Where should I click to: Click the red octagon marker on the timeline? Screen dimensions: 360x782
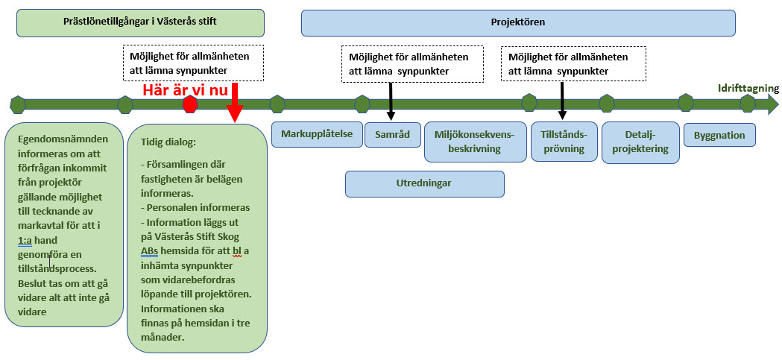pyautogui.click(x=190, y=104)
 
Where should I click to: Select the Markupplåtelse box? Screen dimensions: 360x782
pyautogui.click(x=317, y=134)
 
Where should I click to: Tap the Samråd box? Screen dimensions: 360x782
pyautogui.click(x=392, y=135)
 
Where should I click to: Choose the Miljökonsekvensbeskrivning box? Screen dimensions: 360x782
pyautogui.click(x=474, y=142)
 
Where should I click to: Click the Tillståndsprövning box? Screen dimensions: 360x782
pyautogui.click(x=564, y=142)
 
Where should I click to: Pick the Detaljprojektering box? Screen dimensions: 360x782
pyautogui.click(x=636, y=142)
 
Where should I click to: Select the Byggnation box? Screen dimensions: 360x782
pyautogui.click(x=719, y=135)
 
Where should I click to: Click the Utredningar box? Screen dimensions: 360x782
pyautogui.click(x=424, y=183)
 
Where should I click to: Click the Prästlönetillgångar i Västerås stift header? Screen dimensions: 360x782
pyautogui.click(x=140, y=22)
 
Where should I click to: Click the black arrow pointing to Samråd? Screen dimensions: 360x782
pyautogui.click(x=391, y=101)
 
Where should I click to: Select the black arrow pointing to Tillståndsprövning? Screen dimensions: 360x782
pyautogui.click(x=562, y=101)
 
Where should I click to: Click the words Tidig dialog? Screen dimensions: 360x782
pyautogui.click(x=168, y=142)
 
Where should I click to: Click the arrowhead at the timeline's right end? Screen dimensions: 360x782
pyautogui.click(x=771, y=104)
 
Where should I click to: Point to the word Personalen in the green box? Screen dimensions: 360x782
pyautogui.click(x=176, y=208)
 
